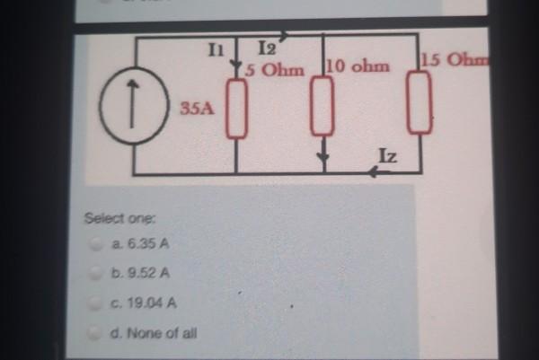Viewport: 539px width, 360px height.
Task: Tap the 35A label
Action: tap(190, 110)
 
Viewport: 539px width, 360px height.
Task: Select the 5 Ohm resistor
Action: tap(235, 108)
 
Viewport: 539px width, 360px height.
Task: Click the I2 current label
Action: tap(267, 51)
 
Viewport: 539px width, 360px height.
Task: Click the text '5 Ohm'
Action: tap(273, 68)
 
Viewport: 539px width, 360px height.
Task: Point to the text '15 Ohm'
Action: tap(453, 61)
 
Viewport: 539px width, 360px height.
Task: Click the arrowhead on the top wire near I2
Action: tap(284, 37)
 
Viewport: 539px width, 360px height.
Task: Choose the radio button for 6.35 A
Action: tap(95, 244)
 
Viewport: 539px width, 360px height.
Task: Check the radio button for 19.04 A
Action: tap(95, 303)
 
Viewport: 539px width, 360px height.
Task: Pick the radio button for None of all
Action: tap(95, 334)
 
